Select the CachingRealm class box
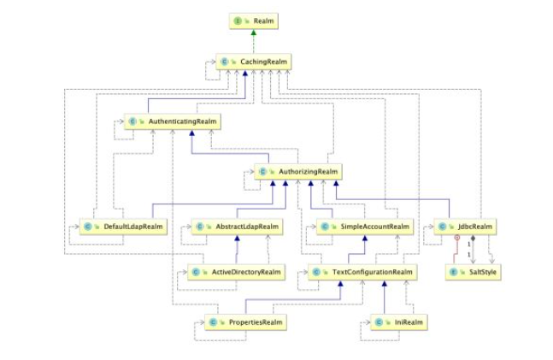coord(253,62)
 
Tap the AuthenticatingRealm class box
coord(173,122)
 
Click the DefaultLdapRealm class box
coord(121,227)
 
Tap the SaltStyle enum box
coord(472,272)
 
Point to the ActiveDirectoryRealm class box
coord(235,272)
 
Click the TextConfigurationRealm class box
coord(362,272)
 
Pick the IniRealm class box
coord(398,322)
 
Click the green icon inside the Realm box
coord(238,19)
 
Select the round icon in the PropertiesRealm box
coord(213,322)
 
